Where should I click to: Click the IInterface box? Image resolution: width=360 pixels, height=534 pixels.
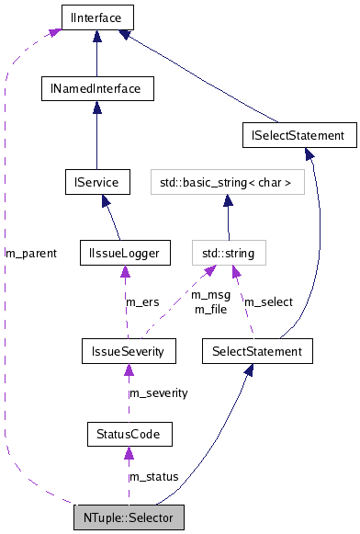pos(96,16)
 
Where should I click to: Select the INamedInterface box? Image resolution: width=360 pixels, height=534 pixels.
pos(96,88)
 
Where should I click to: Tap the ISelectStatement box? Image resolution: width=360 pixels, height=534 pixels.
pos(298,135)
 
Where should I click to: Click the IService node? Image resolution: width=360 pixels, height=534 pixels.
pos(96,181)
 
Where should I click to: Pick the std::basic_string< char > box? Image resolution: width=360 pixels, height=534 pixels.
pos(227,182)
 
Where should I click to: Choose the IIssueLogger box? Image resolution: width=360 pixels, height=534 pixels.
pos(125,251)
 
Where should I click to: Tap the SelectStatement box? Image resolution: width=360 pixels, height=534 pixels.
pos(256,350)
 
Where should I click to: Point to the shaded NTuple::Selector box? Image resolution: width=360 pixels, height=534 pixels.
pos(129,517)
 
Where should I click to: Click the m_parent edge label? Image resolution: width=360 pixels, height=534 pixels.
pos(31,252)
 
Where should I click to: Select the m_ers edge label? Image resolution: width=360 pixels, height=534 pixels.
pos(142,301)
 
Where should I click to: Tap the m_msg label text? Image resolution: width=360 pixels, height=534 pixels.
pos(210,295)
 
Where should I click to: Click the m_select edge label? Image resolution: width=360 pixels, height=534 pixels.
pos(267,301)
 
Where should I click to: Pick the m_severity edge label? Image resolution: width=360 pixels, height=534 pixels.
pos(158,392)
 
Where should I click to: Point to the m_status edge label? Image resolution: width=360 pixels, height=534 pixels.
pos(153,476)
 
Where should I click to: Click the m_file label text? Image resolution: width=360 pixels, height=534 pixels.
pos(210,309)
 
